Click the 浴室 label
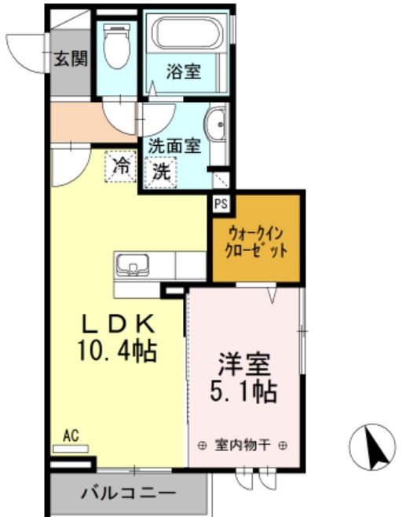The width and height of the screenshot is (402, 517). [x=184, y=72]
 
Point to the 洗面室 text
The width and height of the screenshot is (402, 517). [x=175, y=145]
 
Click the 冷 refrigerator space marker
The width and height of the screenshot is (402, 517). [x=121, y=166]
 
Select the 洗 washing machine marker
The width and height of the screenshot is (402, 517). [x=161, y=170]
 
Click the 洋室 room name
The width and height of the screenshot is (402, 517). [x=244, y=365]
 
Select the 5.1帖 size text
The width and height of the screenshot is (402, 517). [x=244, y=391]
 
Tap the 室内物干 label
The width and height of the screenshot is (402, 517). [x=243, y=445]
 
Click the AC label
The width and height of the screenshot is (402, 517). [x=71, y=436]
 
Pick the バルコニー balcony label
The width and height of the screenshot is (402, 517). [x=127, y=494]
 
